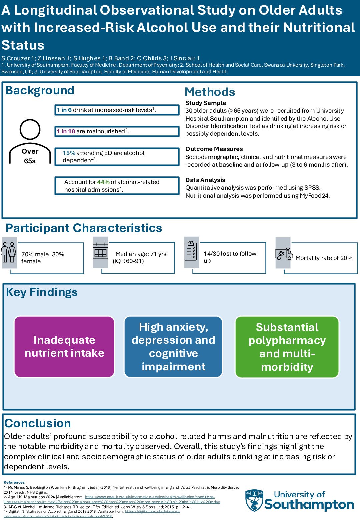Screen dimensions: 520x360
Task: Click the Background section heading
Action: (40, 91)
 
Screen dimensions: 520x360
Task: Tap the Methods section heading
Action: (210, 92)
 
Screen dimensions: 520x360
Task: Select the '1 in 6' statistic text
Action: (64, 110)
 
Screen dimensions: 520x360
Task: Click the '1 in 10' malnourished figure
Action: (66, 131)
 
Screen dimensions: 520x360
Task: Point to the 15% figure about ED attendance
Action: (69, 153)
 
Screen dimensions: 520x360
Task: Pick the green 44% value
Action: (103, 182)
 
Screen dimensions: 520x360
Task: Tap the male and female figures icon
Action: (9, 252)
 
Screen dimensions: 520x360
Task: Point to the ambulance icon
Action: (283, 254)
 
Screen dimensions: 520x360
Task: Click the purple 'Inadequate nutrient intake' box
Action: (64, 347)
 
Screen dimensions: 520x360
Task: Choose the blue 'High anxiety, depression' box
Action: (173, 347)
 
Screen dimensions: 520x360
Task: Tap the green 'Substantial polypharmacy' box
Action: (287, 347)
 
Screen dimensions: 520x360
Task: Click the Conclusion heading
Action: (38, 423)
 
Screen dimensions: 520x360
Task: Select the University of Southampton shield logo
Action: (254, 500)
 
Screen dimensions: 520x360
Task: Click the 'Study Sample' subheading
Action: (206, 103)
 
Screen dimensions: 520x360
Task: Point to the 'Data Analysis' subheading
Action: (205, 180)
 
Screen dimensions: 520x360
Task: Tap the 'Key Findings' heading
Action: (42, 292)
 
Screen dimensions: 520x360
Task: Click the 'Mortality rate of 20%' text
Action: (324, 258)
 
